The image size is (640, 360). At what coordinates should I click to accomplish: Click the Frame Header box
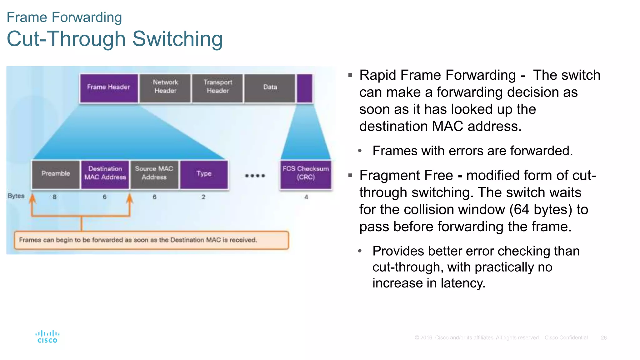pyautogui.click(x=108, y=87)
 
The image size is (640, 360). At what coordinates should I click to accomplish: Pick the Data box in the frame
pyautogui.click(x=270, y=87)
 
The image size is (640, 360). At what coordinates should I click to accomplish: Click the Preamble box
pyautogui.click(x=56, y=174)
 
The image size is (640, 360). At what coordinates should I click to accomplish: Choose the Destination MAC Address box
pyautogui.click(x=105, y=173)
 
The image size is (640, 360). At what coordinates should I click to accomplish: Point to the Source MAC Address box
pyautogui.click(x=154, y=173)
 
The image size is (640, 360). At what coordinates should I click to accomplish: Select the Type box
pyautogui.click(x=204, y=174)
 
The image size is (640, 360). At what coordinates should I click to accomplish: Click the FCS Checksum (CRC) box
pyautogui.click(x=306, y=173)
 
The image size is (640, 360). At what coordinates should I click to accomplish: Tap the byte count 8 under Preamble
pyautogui.click(x=55, y=197)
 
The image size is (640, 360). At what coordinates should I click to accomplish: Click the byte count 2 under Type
pyautogui.click(x=203, y=197)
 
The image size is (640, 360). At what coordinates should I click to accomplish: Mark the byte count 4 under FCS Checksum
pyautogui.click(x=306, y=197)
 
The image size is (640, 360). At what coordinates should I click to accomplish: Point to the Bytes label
pyautogui.click(x=16, y=196)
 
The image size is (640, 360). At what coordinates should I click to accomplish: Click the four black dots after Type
pyautogui.click(x=255, y=176)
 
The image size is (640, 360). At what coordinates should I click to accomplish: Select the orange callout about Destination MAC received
pyautogui.click(x=151, y=240)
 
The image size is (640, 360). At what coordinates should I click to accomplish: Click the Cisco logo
pyautogui.click(x=47, y=337)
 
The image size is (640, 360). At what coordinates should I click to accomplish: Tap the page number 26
pyautogui.click(x=603, y=338)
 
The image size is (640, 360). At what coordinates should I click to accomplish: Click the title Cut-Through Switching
pyautogui.click(x=115, y=39)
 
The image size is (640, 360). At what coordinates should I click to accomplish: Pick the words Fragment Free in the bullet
pyautogui.click(x=406, y=176)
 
